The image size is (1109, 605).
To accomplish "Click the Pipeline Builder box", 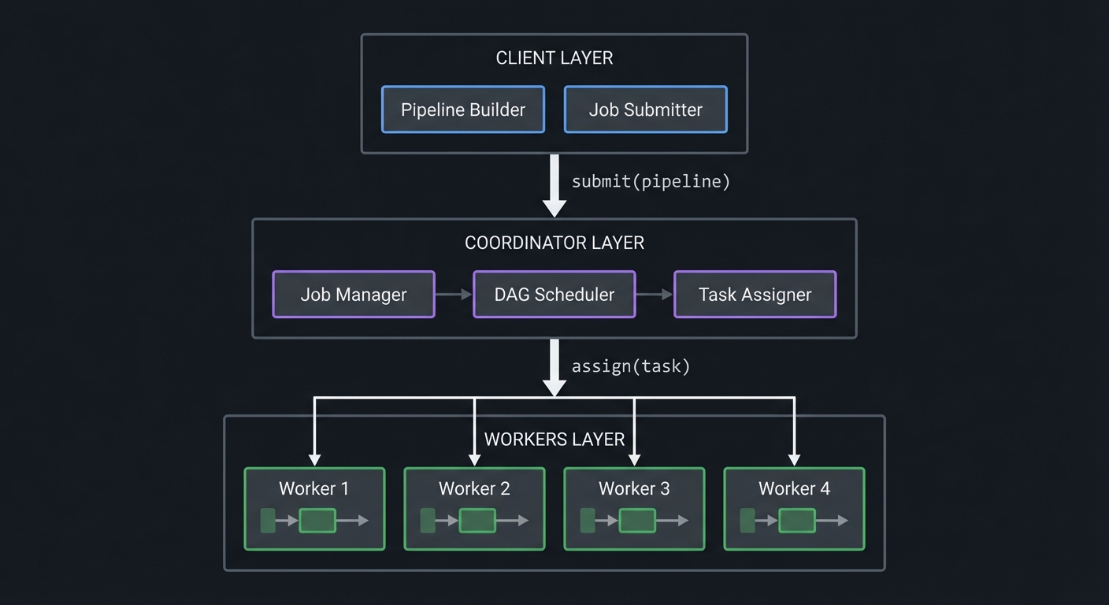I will (463, 109).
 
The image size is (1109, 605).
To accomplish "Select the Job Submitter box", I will (645, 109).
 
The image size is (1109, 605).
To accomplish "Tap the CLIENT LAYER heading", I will (554, 58).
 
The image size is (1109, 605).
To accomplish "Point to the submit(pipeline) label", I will (651, 181).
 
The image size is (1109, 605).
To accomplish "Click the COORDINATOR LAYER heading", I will (554, 243).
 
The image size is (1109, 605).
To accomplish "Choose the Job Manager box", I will (354, 295).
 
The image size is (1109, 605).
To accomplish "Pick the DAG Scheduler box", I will (554, 295).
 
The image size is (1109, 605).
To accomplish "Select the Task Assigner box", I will (755, 295).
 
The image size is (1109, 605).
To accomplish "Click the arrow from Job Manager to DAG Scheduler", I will (454, 295).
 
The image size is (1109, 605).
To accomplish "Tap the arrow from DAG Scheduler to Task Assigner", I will (655, 295).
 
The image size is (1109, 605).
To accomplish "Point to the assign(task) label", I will (630, 366).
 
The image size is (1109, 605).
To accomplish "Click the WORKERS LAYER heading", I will (554, 440).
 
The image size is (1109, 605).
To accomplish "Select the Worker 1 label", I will (314, 488).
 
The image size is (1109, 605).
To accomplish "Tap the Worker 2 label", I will (474, 488).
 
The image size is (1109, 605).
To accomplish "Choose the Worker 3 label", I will (634, 488).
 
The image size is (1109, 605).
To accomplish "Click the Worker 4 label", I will (794, 488).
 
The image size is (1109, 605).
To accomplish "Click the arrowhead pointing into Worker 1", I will (314, 460).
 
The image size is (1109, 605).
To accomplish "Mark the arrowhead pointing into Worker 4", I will (794, 460).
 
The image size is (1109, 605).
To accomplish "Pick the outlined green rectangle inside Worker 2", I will (477, 521).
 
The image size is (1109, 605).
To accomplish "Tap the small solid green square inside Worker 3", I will (588, 521).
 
